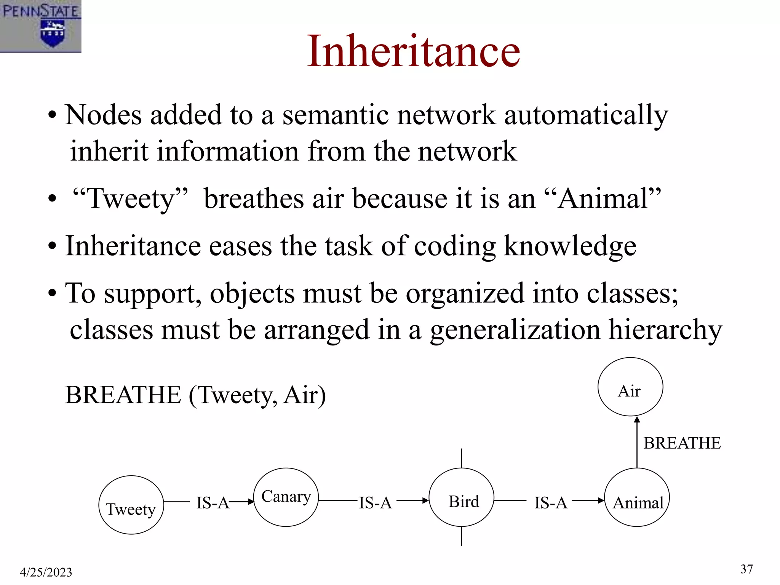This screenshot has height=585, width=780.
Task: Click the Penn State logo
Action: point(40,26)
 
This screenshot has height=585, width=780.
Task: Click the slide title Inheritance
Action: point(413,51)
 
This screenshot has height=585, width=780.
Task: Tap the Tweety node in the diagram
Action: point(131,505)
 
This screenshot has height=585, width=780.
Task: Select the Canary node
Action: point(286,497)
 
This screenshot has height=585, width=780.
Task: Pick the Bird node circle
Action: point(462,497)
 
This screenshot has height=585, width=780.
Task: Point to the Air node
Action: point(630,387)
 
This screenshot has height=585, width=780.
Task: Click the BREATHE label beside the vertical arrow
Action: point(682,443)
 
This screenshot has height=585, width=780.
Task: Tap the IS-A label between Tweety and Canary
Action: point(213,503)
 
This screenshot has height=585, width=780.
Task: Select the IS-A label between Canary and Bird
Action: point(375,503)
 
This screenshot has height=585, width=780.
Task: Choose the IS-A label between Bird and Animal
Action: point(551,503)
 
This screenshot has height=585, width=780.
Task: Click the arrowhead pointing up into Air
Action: point(637,420)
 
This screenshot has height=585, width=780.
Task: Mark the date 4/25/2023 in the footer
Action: point(46,572)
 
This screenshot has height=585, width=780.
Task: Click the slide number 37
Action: point(746,569)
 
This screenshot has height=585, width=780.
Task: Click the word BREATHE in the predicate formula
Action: point(123,395)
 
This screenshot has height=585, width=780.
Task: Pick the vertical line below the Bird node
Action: point(462,536)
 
